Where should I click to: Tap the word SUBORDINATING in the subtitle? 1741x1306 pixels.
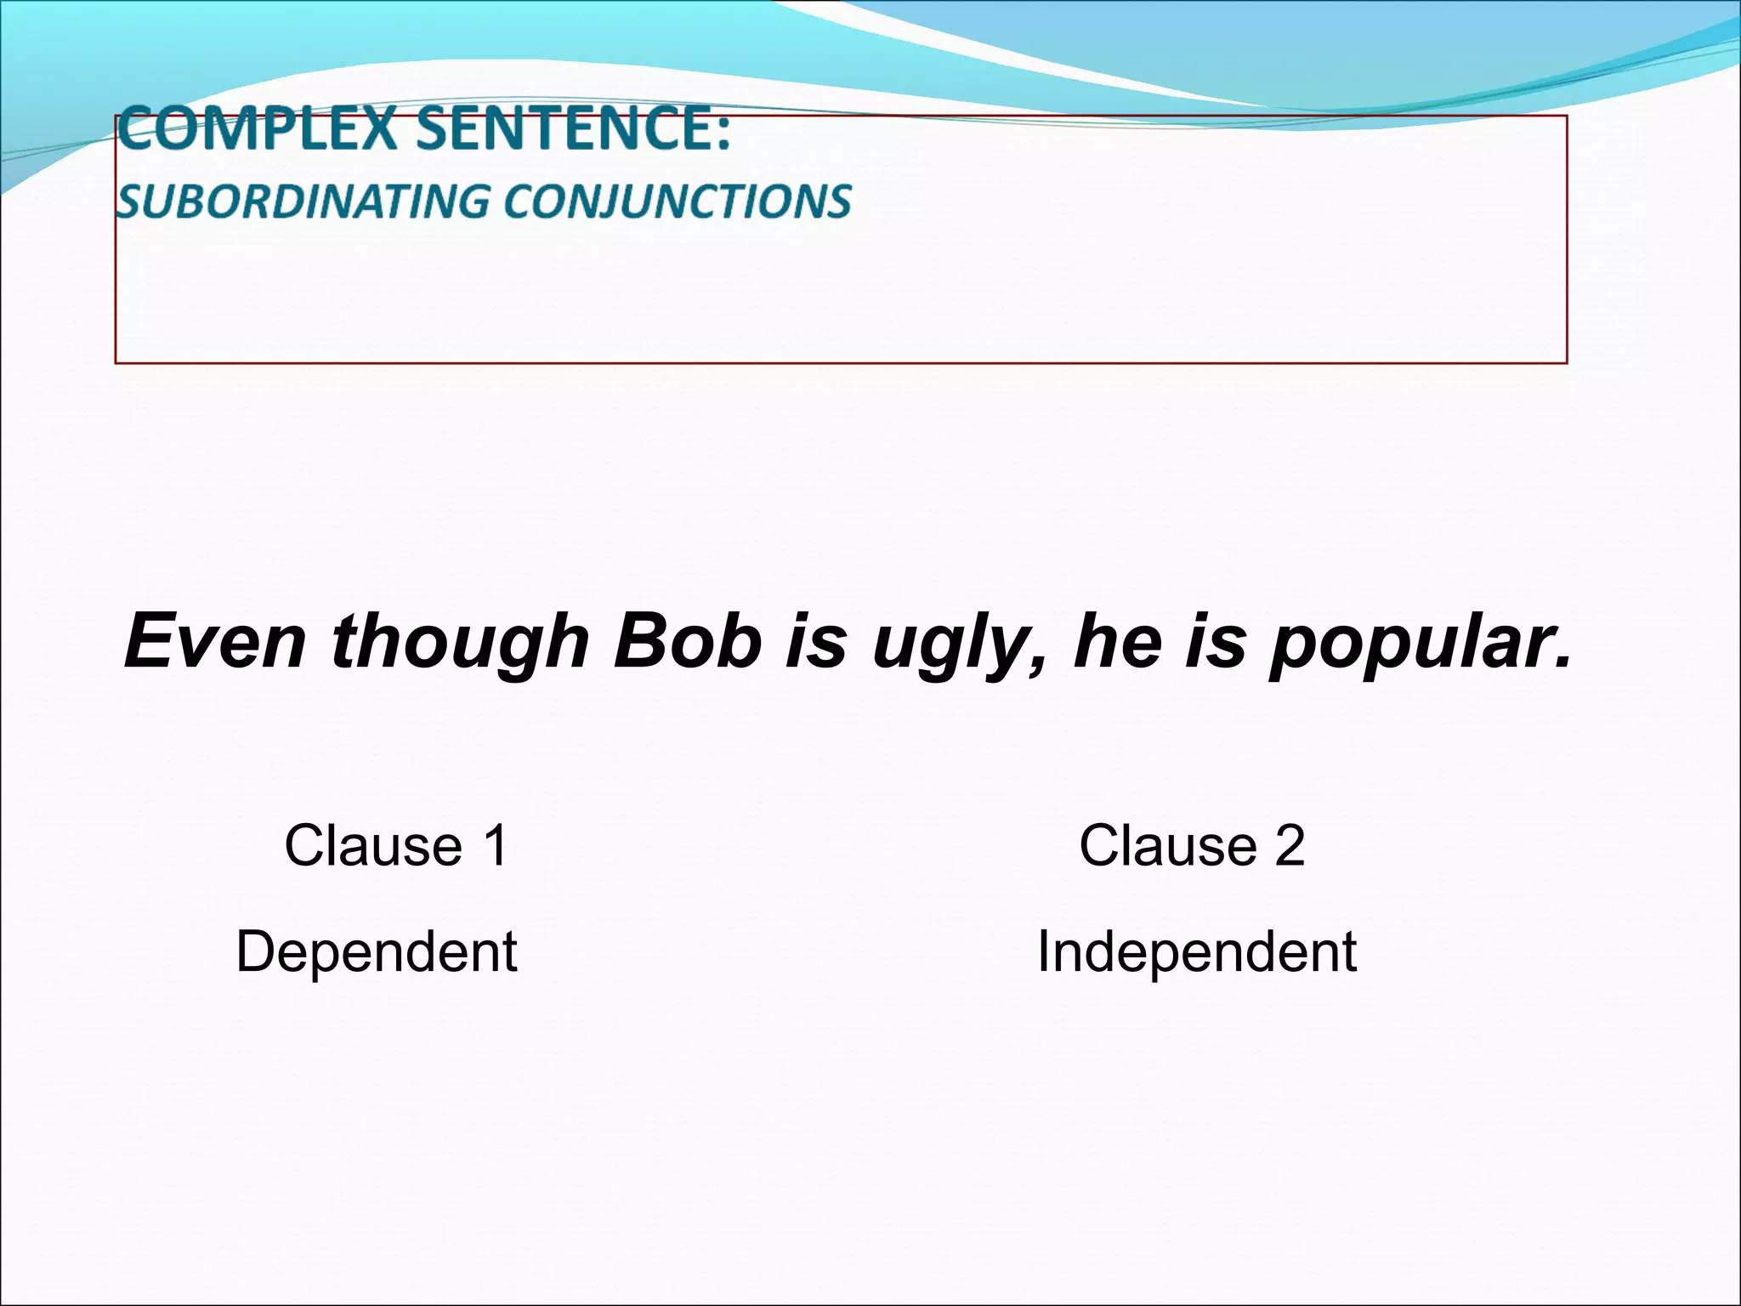[303, 202]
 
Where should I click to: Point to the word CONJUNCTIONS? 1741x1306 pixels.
[677, 202]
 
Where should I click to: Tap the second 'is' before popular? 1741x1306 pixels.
[1215, 642]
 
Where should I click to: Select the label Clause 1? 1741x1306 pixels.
[396, 846]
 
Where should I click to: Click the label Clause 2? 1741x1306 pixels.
[1191, 846]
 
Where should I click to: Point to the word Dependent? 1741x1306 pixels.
[377, 952]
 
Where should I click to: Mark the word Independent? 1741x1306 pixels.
[1196, 952]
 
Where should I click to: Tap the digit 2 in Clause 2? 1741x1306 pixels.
[1289, 846]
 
